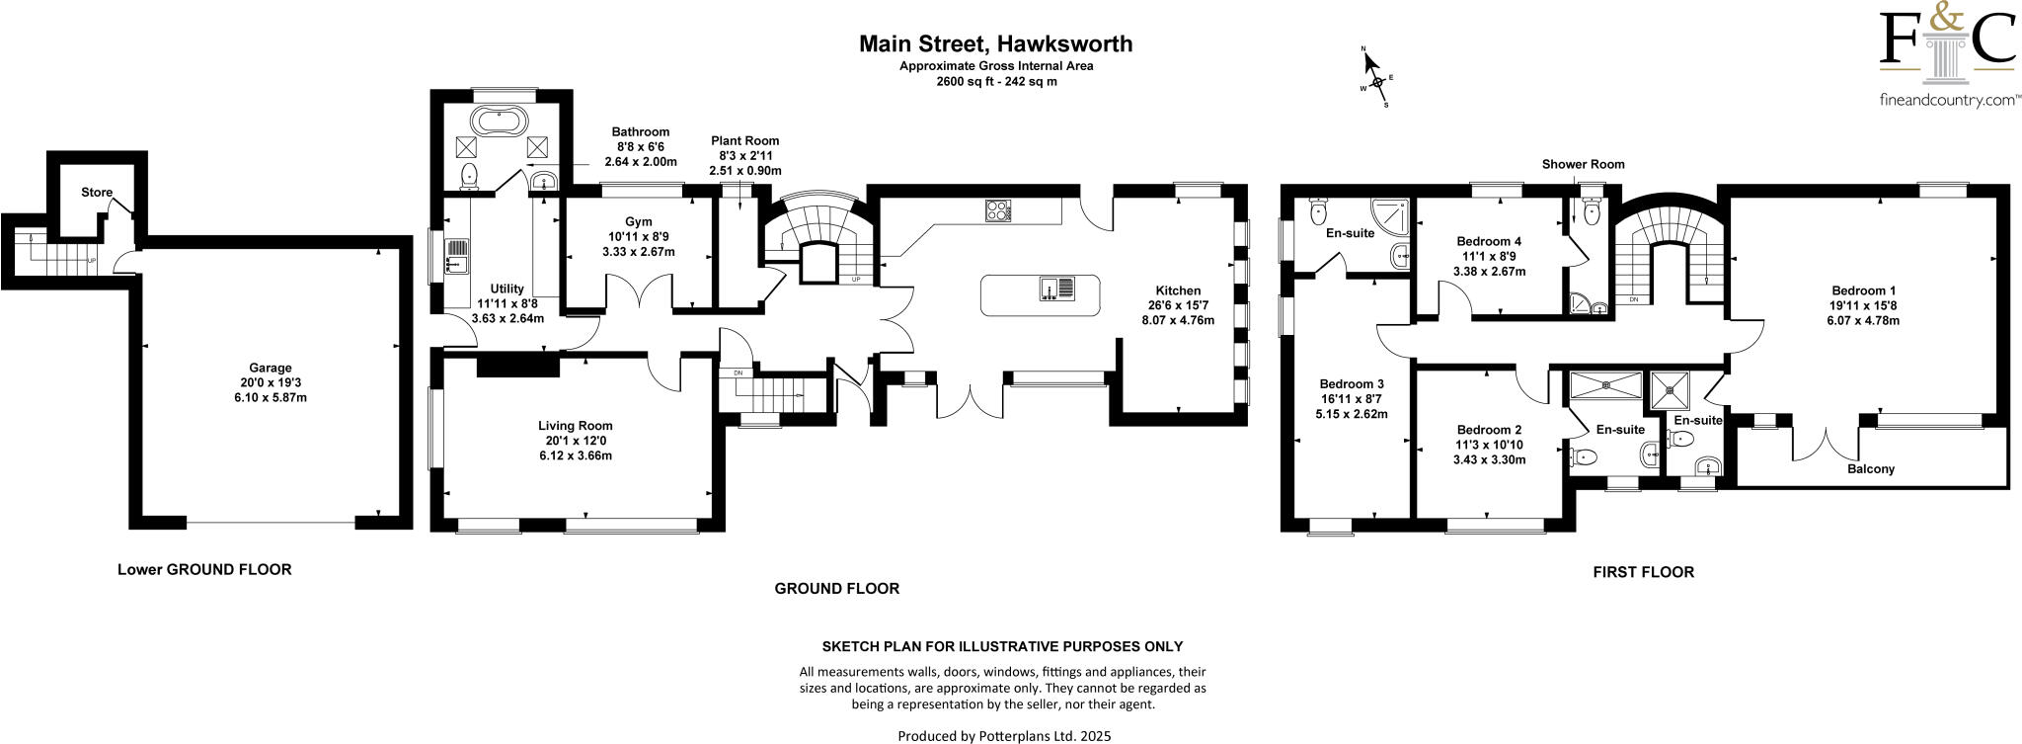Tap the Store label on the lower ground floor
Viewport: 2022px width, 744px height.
97,193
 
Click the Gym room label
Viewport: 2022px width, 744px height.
638,221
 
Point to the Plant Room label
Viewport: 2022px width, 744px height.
745,141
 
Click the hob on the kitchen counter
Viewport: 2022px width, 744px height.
998,210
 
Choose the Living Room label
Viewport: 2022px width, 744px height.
583,426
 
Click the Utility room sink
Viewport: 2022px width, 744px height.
457,256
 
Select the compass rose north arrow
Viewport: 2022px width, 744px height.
1370,63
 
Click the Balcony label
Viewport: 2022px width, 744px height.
1870,469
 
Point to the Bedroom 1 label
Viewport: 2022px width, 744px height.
1863,290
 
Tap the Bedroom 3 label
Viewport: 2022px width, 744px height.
1352,384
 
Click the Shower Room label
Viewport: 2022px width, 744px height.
1583,164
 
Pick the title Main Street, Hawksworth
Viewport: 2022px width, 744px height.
995,43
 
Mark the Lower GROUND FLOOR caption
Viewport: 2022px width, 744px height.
204,569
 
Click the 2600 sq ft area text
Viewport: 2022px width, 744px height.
996,82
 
